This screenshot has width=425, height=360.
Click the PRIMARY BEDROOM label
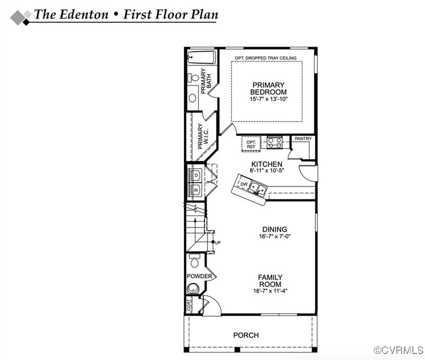tap(268, 88)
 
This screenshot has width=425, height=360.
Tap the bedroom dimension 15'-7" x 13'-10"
tap(268, 99)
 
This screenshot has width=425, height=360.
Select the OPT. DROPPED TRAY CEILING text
tap(266, 58)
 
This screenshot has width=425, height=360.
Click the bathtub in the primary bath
tap(201, 59)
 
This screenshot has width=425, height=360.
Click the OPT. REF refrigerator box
tap(251, 144)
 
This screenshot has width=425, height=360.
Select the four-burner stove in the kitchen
tap(274, 142)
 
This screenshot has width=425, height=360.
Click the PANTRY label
tap(303, 139)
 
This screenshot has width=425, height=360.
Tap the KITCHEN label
tap(267, 164)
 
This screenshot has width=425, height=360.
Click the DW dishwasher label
tap(244, 185)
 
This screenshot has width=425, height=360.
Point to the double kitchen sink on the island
tap(257, 188)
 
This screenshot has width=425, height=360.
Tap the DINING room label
tap(275, 229)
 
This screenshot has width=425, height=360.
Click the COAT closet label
tap(189, 306)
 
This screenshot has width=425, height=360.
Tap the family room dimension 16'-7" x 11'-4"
tap(270, 291)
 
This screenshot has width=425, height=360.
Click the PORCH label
tap(246, 335)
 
